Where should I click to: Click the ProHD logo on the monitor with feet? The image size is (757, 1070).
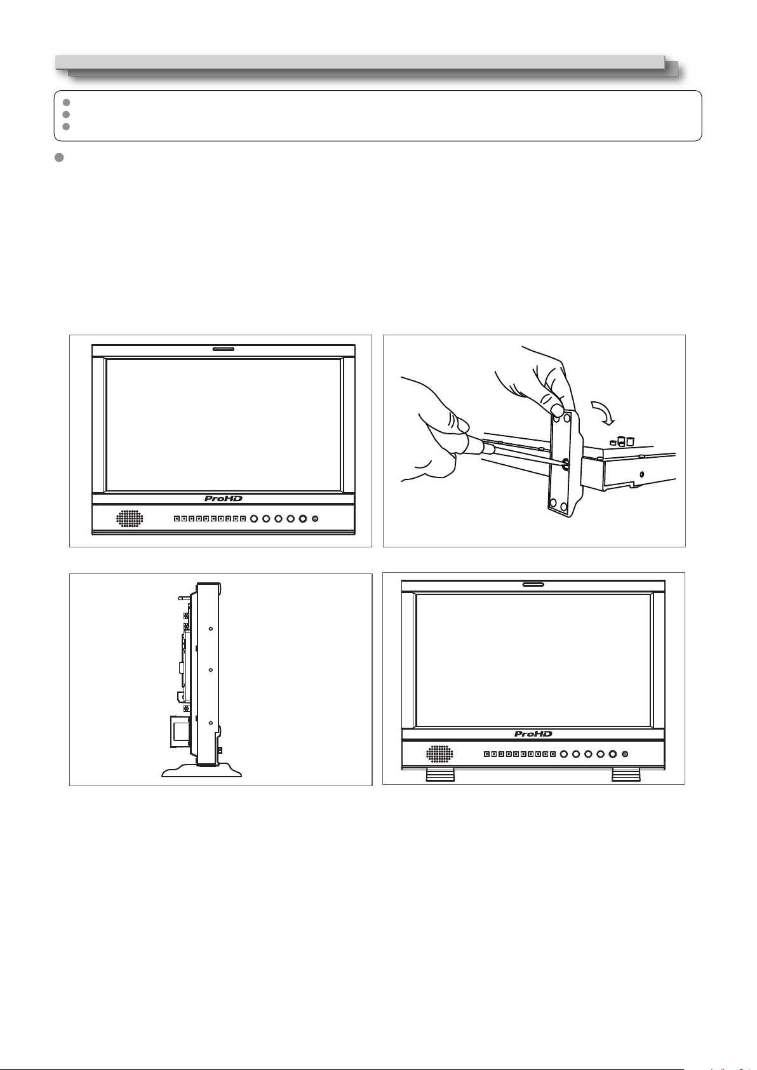(533, 733)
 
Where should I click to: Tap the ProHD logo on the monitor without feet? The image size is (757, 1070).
(224, 498)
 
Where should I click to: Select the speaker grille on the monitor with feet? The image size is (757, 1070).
(439, 754)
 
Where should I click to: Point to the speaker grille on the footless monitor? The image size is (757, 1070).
(130, 519)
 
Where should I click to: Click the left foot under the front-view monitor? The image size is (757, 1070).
(440, 775)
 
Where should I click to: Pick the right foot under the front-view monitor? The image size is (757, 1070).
(626, 775)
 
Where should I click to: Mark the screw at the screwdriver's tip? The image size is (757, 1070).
(565, 462)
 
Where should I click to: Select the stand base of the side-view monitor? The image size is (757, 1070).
(201, 770)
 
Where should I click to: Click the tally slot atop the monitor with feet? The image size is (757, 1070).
(533, 584)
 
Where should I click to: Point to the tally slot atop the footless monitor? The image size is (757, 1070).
(224, 349)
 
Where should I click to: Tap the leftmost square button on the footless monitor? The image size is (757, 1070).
(177, 519)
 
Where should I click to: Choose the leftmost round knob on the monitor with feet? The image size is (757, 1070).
(563, 754)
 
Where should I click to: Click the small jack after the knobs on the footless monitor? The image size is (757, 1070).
(315, 519)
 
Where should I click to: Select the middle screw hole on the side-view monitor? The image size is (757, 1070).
(211, 670)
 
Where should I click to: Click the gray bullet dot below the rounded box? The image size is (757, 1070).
(59, 157)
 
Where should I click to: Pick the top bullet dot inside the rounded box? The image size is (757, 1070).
(67, 102)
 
